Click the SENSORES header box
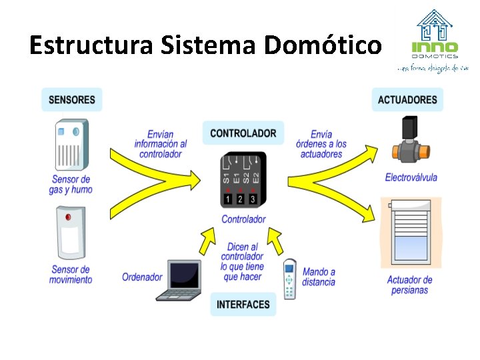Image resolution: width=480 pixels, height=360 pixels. pos(72,100)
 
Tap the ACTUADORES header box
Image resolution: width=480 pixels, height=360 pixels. pos(407,100)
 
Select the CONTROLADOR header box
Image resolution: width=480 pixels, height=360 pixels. pos(243,133)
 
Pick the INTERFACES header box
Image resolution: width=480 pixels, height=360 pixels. pos(243,305)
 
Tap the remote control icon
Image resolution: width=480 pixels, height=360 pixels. pos(289,279)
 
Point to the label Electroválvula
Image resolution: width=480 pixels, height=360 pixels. pos(411,177)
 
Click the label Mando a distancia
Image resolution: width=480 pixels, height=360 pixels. pos(319,277)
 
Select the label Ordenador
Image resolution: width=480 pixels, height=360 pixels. pos(142,277)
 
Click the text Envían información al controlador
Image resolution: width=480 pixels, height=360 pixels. pos(161,144)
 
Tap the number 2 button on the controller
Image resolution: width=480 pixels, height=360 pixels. pos(241,199)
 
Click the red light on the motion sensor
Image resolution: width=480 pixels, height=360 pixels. pos(67,217)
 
